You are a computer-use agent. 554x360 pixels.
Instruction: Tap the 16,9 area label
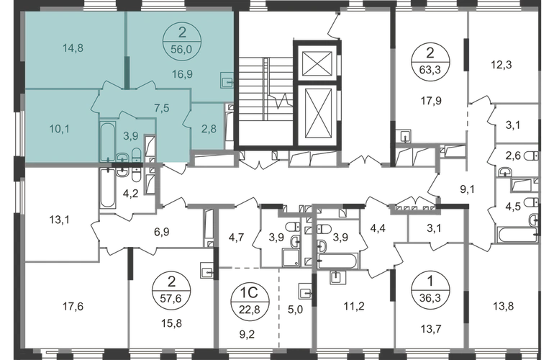pos(176,72)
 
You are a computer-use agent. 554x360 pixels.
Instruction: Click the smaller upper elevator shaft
pos(315,62)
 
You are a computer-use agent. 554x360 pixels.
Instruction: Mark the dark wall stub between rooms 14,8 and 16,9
pos(128,72)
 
